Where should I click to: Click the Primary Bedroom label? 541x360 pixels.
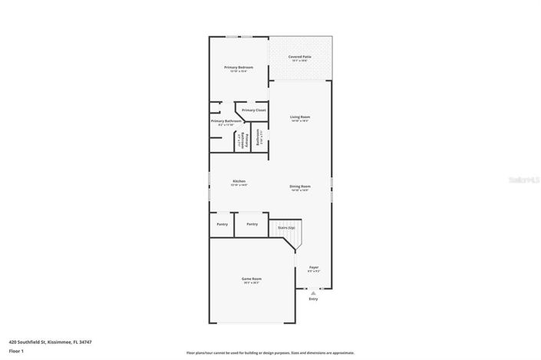(239, 68)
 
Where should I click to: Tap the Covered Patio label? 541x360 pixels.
(299, 56)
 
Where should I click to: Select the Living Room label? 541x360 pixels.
(299, 117)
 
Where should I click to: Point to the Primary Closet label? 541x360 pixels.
(253, 110)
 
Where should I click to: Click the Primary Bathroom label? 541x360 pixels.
(226, 121)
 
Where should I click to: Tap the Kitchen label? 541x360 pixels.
(239, 181)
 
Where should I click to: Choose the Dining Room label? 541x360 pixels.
(299, 186)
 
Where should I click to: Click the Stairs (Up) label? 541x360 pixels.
(285, 228)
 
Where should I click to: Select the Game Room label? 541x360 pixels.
(251, 279)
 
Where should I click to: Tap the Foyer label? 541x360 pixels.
(313, 267)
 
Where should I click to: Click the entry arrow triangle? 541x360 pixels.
(312, 292)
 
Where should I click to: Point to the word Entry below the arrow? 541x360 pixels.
(312, 299)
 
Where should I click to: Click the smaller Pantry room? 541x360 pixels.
(222, 224)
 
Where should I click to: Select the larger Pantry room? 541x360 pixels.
(251, 224)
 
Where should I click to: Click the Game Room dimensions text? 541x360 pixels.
(251, 283)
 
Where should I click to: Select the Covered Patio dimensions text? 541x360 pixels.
(299, 61)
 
